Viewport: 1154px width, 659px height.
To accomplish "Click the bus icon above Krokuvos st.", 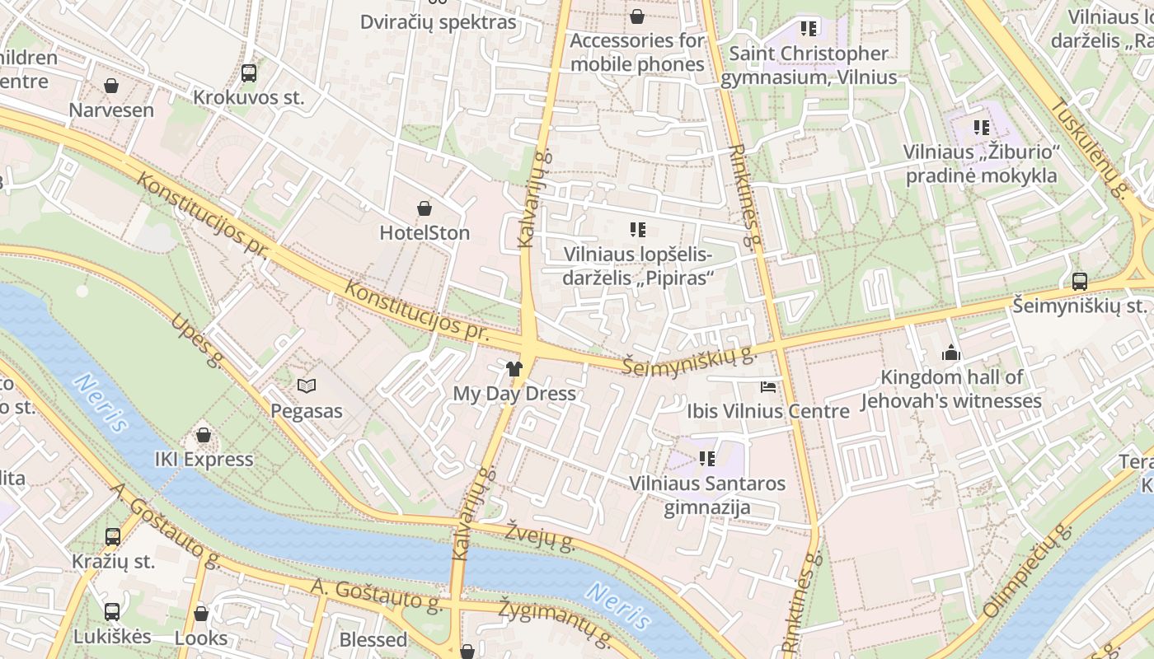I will click(249, 73).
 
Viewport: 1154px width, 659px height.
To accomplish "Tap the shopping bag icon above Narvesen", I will click(111, 86).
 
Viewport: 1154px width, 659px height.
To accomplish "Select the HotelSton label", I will click(425, 233).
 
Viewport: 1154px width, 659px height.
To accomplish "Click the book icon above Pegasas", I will click(307, 386).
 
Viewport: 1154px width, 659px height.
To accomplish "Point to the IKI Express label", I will click(204, 460).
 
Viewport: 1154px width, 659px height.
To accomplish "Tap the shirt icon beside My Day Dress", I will click(514, 368).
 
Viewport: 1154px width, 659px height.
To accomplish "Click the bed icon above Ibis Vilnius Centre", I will click(768, 386).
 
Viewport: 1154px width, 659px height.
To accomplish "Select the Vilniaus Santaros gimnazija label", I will click(707, 494).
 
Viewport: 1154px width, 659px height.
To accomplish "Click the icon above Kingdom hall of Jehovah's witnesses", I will click(951, 353).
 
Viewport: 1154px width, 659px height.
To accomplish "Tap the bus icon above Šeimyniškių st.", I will click(1080, 282).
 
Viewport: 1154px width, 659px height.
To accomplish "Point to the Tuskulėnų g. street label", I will click(1089, 148).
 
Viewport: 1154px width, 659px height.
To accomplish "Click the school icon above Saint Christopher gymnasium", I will click(809, 29).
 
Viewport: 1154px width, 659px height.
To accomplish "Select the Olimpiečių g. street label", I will click(1025, 572).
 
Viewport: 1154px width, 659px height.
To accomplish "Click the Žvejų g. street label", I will click(540, 535).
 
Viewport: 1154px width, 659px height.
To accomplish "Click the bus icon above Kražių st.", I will click(113, 537).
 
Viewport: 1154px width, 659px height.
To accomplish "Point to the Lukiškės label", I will click(112, 637).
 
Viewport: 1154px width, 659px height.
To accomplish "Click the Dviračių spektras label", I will click(438, 22).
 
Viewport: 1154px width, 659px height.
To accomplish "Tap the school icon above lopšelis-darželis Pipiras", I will click(637, 230).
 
